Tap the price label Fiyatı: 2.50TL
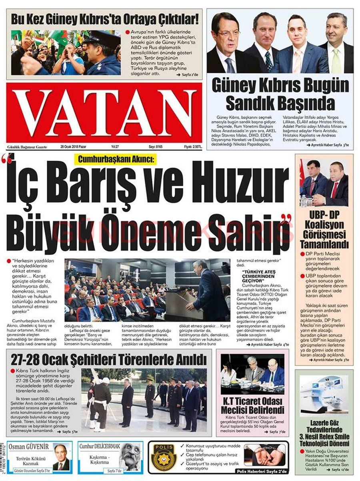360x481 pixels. pyautogui.click(x=192, y=147)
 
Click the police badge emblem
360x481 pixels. pyautogui.click(x=164, y=457)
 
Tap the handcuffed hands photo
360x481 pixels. pyautogui.click(x=264, y=454)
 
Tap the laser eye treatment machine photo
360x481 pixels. pyautogui.click(x=324, y=393)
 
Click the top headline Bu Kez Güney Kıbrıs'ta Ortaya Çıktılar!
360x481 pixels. pyautogui.click(x=105, y=19)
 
